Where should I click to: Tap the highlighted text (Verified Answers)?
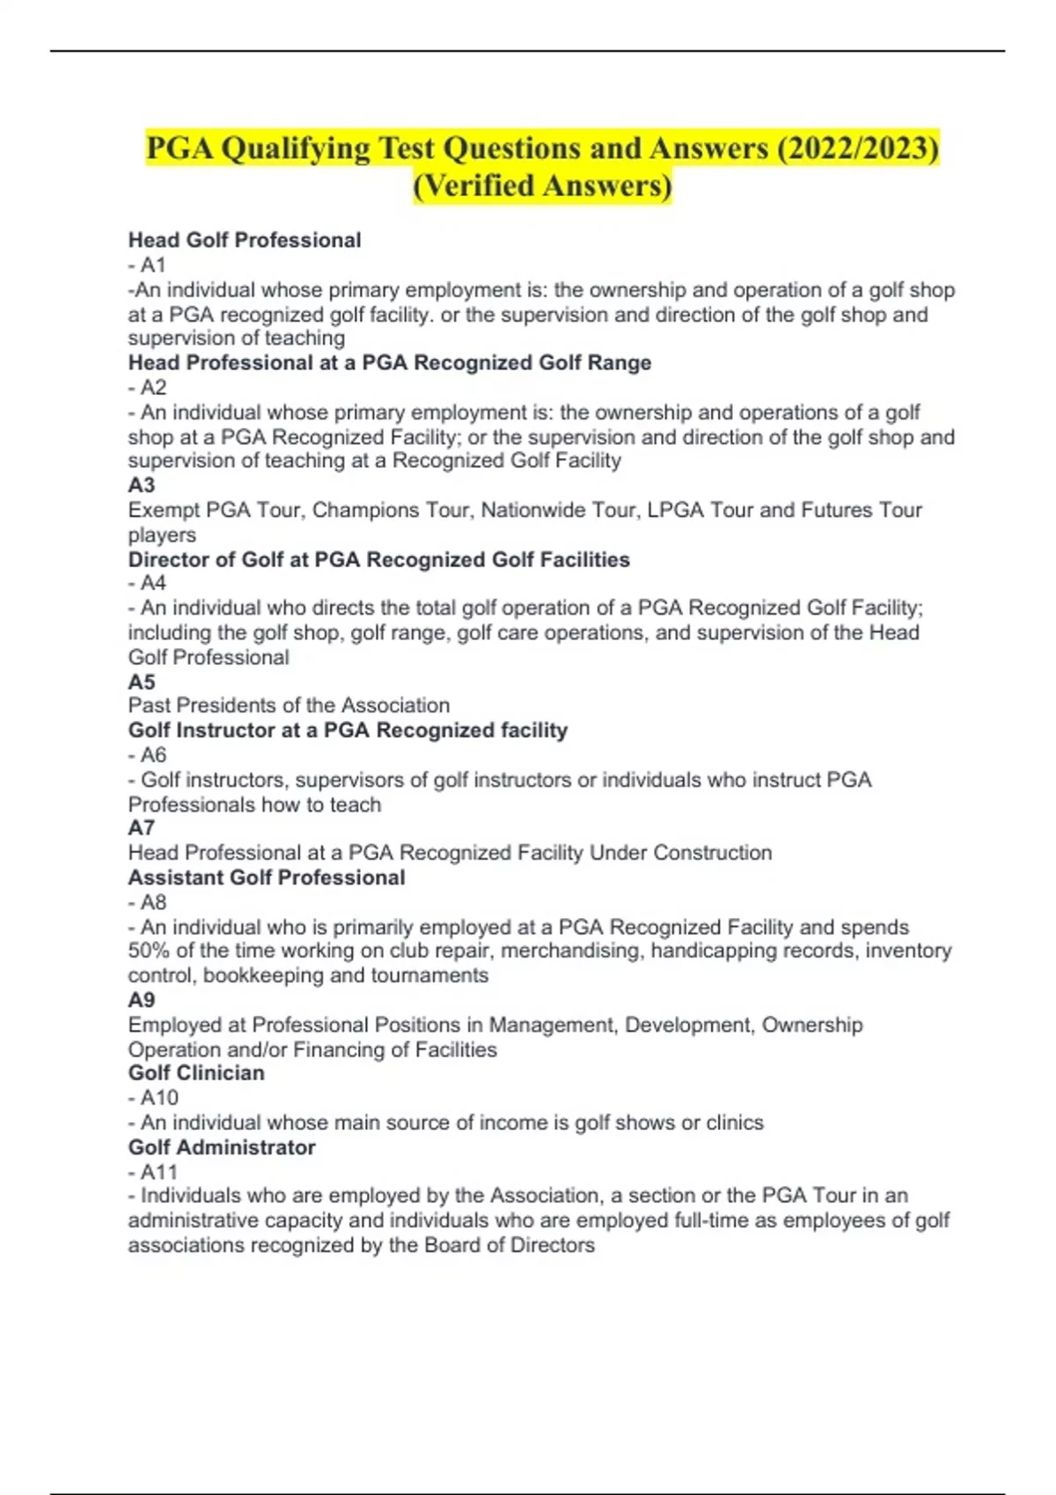coord(542,186)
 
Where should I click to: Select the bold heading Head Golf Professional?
coord(245,240)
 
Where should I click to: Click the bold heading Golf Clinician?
coord(196,1073)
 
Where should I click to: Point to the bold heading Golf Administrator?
coord(222,1147)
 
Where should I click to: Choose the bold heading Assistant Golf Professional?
coord(267,877)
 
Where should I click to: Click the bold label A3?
coord(142,485)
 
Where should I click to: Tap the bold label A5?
coord(142,682)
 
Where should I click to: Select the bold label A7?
coord(142,828)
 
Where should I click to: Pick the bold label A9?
coord(142,1000)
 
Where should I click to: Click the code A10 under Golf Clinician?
coord(159,1098)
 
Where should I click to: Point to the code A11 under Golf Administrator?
coord(159,1171)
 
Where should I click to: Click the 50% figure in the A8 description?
coord(150,951)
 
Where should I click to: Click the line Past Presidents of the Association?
coord(289,705)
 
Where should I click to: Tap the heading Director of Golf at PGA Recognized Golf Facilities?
coord(379,559)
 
